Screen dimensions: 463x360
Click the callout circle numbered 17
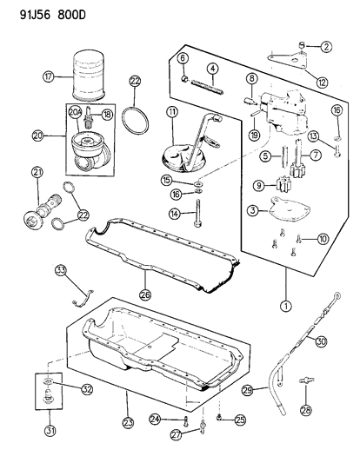click(x=50, y=76)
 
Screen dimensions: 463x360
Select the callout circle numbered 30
click(x=321, y=341)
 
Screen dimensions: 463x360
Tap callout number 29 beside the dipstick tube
click(x=247, y=392)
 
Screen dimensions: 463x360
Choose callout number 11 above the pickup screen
click(x=173, y=114)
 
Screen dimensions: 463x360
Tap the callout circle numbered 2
click(x=325, y=46)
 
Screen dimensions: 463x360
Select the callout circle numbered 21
click(x=37, y=172)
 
